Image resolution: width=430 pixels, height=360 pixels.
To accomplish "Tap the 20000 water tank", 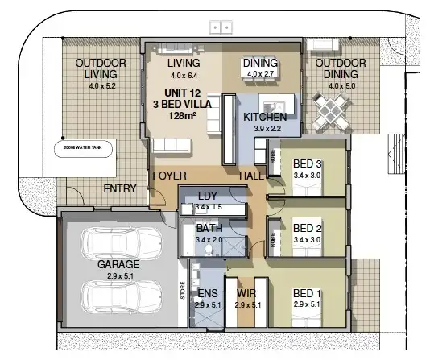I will (x=85, y=149).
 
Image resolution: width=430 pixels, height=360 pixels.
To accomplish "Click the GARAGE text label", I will (x=118, y=263).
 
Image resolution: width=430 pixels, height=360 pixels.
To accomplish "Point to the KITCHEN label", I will (x=265, y=118).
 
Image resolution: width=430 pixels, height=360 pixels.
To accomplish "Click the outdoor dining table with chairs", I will (x=330, y=108).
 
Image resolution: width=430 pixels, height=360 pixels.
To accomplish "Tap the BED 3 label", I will (x=308, y=163).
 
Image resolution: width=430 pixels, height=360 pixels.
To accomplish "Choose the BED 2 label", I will (x=308, y=227).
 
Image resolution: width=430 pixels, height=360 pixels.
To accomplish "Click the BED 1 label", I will (x=307, y=293).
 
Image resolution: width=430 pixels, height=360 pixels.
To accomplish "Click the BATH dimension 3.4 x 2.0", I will (x=208, y=239).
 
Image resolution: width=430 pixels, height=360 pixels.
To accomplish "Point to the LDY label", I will (x=208, y=196).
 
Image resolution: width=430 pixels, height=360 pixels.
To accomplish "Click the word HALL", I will (x=251, y=175).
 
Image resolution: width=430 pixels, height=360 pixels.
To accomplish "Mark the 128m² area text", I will (x=183, y=116).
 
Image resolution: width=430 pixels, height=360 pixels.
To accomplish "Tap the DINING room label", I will (x=260, y=64).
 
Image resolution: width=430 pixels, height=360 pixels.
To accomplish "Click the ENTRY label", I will (x=120, y=189).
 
